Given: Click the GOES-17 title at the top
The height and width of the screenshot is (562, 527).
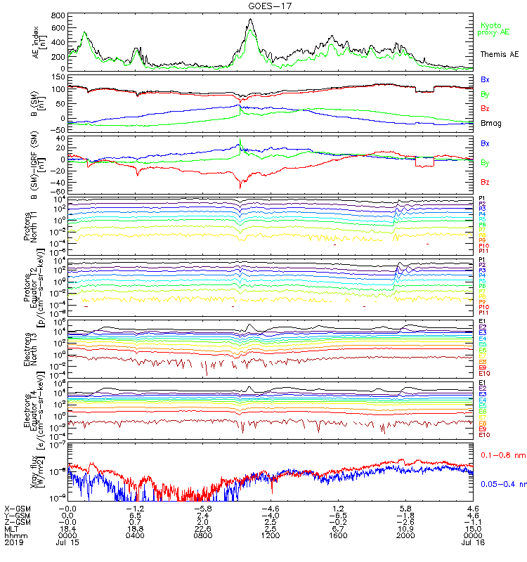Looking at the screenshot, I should (263, 6).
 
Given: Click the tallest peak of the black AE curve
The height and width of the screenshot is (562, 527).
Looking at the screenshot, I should (251, 20).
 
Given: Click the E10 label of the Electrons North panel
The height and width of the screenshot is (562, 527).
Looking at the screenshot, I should (484, 372).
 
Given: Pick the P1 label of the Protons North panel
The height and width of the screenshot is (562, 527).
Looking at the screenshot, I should (482, 199).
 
